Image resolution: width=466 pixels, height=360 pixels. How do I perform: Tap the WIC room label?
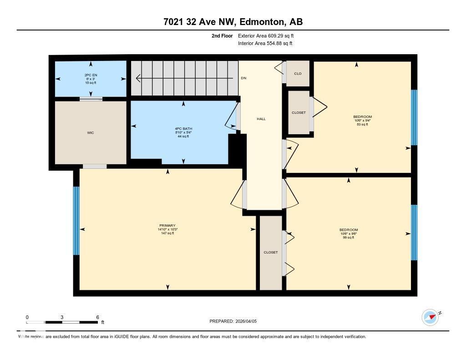pyautogui.click(x=91, y=133)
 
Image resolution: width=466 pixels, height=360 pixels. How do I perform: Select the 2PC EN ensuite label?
pyautogui.click(x=91, y=75)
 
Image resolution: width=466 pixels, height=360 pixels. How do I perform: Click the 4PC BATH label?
pyautogui.click(x=183, y=129)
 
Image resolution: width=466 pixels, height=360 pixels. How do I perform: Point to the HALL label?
pyautogui.click(x=261, y=119)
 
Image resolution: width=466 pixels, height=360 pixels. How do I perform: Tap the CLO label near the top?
pyautogui.click(x=298, y=73)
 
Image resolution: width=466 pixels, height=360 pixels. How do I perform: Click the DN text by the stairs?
pyautogui.click(x=243, y=78)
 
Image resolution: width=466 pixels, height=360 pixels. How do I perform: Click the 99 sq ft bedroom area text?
pyautogui.click(x=349, y=237)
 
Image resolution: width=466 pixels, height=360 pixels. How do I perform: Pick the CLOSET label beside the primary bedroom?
pyautogui.click(x=271, y=252)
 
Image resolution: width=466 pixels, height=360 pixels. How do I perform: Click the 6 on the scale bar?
pyautogui.click(x=97, y=317)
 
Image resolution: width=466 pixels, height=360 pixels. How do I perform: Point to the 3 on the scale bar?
pyautogui.click(x=61, y=317)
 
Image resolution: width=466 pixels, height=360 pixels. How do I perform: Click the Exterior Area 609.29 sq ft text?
pyautogui.click(x=269, y=35)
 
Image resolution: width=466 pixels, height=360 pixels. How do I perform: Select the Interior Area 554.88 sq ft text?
pyautogui.click(x=265, y=44)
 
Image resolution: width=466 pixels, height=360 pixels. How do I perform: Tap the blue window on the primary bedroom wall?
pyautogui.click(x=76, y=221)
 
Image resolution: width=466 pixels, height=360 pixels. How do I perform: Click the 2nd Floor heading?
pyautogui.click(x=222, y=35)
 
